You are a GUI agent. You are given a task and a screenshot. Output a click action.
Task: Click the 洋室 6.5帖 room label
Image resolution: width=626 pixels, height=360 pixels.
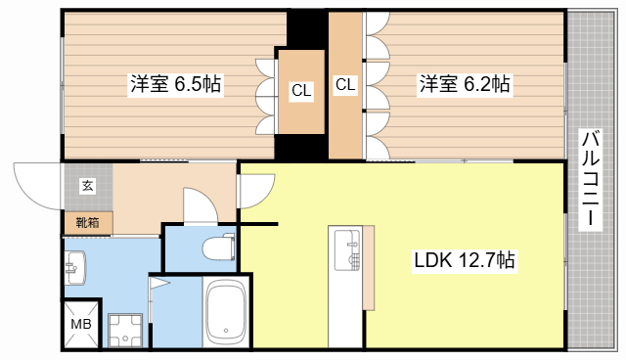coord(175,84)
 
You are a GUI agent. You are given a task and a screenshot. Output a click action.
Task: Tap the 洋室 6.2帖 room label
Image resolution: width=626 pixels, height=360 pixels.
coord(464,84)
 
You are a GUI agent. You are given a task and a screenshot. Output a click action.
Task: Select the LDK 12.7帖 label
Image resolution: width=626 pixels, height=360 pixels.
coord(465,261)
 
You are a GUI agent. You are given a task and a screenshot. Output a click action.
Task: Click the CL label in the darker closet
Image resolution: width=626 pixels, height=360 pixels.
coord(300,91)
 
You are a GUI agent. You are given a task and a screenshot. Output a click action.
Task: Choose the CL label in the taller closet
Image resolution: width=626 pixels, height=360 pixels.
coord(345,85)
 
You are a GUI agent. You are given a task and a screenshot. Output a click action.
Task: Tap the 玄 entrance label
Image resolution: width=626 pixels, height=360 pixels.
coord(87,185)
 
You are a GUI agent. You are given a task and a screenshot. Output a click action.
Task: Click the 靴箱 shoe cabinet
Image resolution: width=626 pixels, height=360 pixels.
coord(87,222)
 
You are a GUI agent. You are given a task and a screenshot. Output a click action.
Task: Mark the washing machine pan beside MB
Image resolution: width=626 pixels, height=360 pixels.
coord(125,330)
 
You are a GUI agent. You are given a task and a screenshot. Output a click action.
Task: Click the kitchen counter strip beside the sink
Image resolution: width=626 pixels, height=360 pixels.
coord(368,264)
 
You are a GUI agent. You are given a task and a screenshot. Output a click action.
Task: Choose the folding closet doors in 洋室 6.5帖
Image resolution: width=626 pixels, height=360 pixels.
coord(265,98)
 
